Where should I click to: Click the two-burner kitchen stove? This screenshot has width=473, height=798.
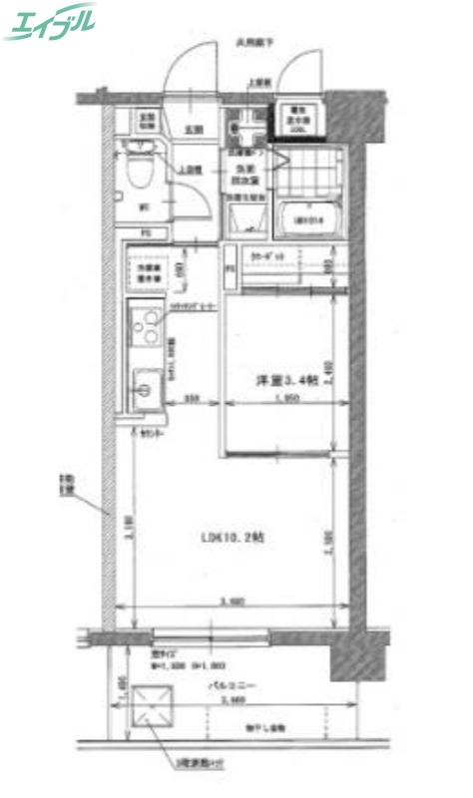(x=146, y=327)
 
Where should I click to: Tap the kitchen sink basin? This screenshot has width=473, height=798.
(x=145, y=384)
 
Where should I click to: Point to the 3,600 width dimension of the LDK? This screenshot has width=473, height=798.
(x=233, y=601)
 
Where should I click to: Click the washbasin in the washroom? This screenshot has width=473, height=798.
(x=243, y=127)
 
